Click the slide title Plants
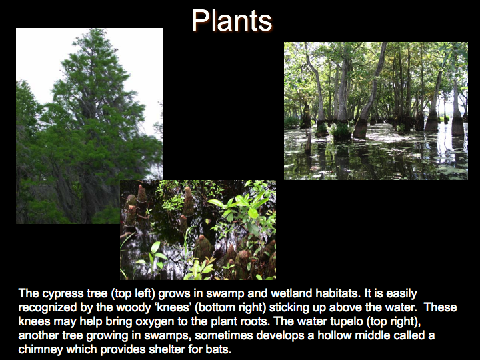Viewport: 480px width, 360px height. [232, 20]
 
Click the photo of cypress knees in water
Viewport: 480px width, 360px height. [198, 230]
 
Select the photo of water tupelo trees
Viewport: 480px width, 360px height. [376, 111]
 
